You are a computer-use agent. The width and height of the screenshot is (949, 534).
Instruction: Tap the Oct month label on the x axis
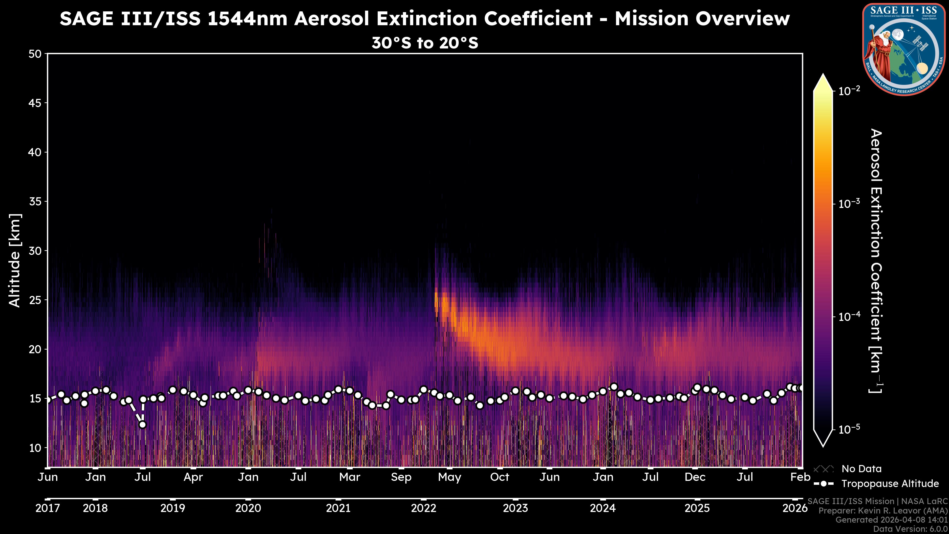tap(499, 477)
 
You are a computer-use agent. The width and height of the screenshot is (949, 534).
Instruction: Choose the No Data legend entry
tap(861, 469)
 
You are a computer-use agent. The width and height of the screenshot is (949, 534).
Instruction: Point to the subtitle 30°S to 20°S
tap(425, 43)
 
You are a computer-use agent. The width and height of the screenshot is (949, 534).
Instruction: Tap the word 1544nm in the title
tap(247, 19)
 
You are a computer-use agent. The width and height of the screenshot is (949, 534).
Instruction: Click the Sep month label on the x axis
tap(401, 477)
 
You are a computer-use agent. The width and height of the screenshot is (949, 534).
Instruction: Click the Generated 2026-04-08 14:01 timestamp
tap(891, 520)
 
